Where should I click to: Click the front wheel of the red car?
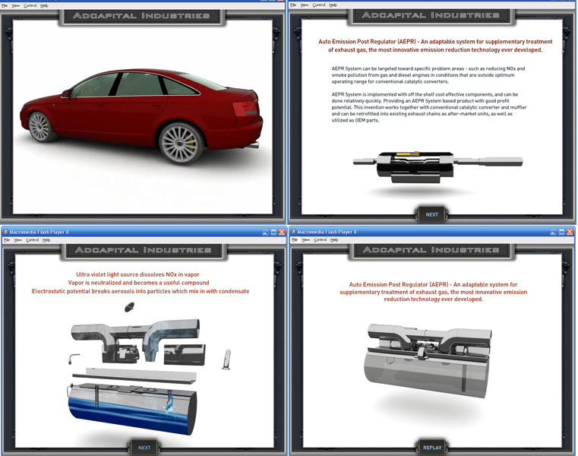coord(42,125)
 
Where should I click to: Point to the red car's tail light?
coord(245,108)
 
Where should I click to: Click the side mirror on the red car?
coord(67,93)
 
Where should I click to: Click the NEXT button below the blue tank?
coord(144,448)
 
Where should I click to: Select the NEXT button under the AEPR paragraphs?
coord(431,214)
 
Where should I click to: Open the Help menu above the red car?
coord(45,5)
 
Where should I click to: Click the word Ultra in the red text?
coord(84,274)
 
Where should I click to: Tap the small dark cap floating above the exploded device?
coord(129,306)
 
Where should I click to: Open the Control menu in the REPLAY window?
coord(320,240)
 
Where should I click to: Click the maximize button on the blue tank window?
coord(273,232)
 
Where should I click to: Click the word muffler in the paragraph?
coord(513,107)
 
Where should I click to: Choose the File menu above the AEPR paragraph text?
coord(293,5)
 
